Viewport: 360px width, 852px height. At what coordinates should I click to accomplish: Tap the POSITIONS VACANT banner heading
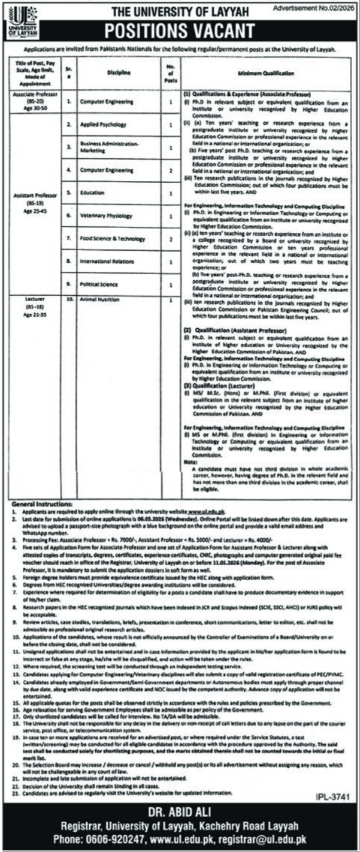tap(179, 31)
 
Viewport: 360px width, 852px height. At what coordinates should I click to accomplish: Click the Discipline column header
tap(118, 72)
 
